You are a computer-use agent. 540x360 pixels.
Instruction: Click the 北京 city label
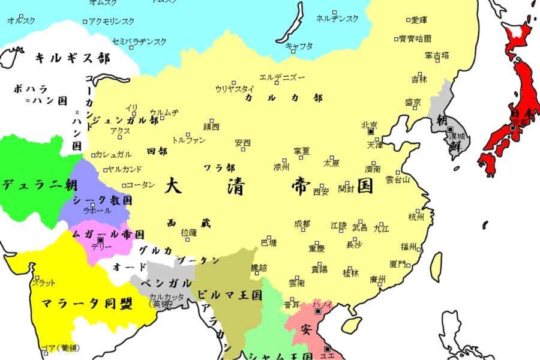(369, 125)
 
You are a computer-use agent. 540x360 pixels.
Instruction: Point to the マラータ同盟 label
(86, 304)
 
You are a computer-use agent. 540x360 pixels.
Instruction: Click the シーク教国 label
(102, 200)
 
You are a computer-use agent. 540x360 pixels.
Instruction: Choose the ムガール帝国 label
(108, 235)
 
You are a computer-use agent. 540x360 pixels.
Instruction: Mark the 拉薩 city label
(188, 232)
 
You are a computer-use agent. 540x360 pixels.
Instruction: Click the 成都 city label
(302, 224)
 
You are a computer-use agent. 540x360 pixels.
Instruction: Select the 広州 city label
(377, 279)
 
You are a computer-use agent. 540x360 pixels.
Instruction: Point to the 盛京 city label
(413, 102)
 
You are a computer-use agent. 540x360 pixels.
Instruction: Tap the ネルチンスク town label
(337, 19)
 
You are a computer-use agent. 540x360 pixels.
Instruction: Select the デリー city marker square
(100, 240)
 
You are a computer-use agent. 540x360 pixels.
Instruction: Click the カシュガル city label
(113, 154)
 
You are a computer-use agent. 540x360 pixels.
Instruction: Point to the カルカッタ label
(162, 296)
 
